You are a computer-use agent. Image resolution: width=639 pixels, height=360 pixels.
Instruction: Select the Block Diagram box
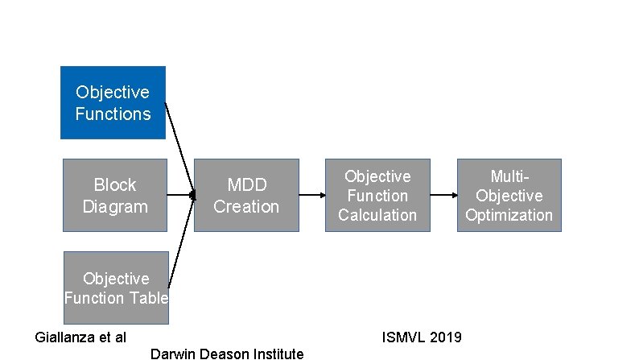(115, 196)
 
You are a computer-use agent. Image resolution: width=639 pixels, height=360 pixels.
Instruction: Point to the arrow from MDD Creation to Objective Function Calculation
(311, 195)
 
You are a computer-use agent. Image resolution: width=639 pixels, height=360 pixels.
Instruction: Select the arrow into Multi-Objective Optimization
(443, 195)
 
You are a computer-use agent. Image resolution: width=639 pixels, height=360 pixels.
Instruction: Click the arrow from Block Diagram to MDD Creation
(181, 195)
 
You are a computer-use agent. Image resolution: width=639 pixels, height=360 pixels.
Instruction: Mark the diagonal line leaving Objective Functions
(179, 149)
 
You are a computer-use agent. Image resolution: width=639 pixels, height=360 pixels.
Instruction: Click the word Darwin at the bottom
(170, 354)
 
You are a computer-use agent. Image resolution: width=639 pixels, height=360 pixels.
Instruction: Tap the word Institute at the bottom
(277, 354)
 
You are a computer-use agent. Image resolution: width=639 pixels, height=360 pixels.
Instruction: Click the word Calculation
(377, 215)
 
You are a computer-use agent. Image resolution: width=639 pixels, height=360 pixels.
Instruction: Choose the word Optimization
(509, 215)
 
